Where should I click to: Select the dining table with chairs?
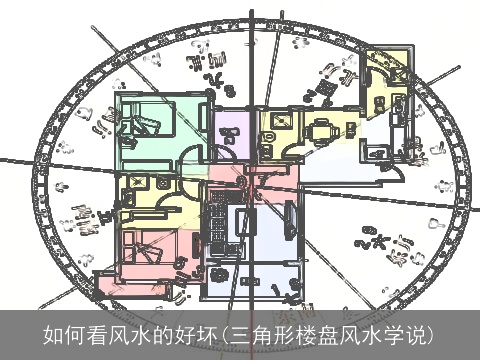[x=321, y=130]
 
